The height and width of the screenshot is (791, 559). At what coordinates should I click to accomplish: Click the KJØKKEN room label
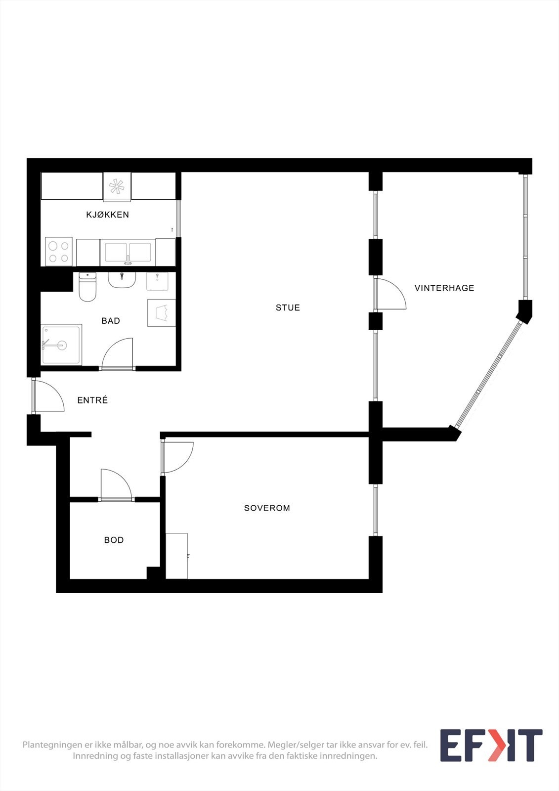coord(107,215)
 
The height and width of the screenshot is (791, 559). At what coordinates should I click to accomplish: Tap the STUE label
coord(288,308)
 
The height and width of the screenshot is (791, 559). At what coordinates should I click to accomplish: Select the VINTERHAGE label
coord(444,288)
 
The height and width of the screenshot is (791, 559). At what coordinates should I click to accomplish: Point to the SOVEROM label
coord(267,508)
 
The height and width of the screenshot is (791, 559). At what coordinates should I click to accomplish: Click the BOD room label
coord(114,540)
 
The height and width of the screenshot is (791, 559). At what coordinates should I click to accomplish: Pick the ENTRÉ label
coord(92,400)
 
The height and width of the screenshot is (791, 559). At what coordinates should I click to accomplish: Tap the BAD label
coord(111,321)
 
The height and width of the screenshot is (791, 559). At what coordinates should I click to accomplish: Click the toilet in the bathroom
coord(87,287)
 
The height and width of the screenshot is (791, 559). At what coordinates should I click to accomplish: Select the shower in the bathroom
coord(61,345)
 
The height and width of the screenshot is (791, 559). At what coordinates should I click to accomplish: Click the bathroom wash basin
coord(122,279)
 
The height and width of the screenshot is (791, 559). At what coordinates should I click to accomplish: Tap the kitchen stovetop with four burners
coord(59,252)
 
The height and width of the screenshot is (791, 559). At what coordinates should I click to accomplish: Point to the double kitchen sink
coord(128,252)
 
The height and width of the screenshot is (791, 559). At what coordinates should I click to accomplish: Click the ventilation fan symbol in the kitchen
coord(117,186)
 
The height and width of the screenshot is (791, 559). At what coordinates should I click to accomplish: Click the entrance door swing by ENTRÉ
coord(48,396)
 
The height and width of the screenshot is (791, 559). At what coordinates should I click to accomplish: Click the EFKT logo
coord(491,745)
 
